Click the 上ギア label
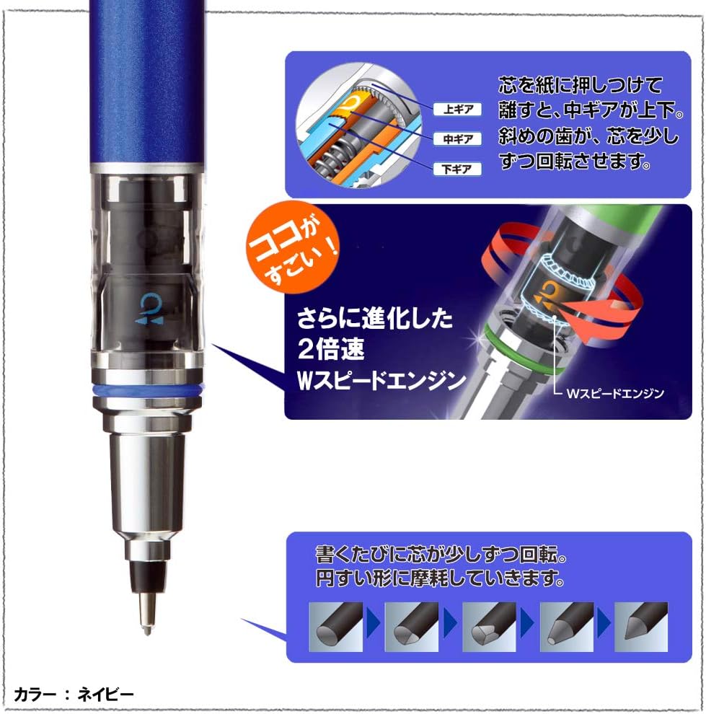(x=457, y=110)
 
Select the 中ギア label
(x=457, y=139)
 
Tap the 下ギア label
(x=457, y=169)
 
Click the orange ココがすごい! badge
(x=291, y=247)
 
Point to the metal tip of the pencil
(x=146, y=610)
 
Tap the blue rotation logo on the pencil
(x=149, y=309)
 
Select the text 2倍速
(x=331, y=350)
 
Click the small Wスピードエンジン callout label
(x=615, y=393)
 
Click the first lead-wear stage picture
(x=336, y=627)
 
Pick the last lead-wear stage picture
(x=641, y=627)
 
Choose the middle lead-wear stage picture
(x=489, y=627)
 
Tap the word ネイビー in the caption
(x=105, y=695)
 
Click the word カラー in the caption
(x=35, y=695)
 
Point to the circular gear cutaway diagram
(x=358, y=125)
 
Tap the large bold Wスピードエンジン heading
(x=381, y=381)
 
